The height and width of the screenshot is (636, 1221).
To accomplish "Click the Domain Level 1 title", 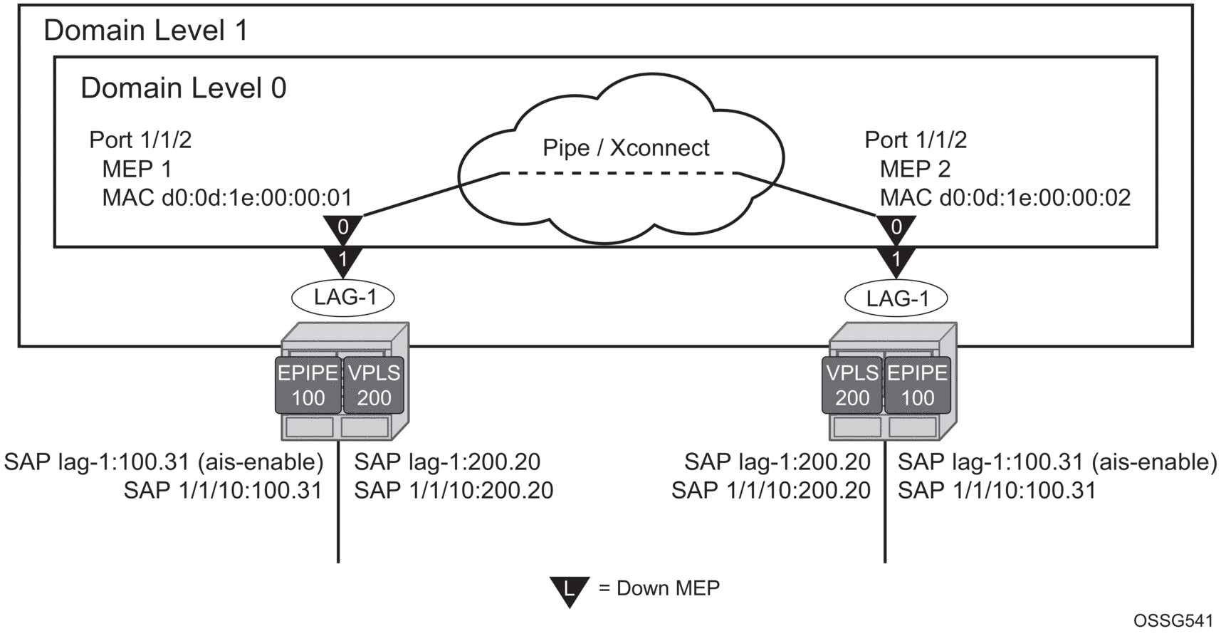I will (x=146, y=31).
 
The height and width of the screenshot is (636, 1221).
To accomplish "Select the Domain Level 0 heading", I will (x=183, y=88).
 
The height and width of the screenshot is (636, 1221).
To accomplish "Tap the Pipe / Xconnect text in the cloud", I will (x=626, y=147).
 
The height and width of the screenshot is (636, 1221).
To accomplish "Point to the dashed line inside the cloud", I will (x=620, y=173).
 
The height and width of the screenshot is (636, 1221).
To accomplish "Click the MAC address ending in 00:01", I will (x=227, y=197).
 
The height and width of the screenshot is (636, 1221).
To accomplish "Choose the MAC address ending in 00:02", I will (x=1005, y=197).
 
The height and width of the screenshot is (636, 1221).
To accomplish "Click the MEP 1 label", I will (x=137, y=169).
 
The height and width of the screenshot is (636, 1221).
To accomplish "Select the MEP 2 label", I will (x=915, y=169).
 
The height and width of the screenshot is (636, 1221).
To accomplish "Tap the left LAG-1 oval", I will (x=344, y=296).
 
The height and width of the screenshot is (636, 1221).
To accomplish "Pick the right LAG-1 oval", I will (x=896, y=298).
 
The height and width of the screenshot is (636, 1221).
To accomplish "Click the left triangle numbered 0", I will (x=343, y=228).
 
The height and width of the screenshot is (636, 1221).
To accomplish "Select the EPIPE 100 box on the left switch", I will (x=308, y=385).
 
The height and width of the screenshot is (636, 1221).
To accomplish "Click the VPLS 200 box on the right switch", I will (x=852, y=385).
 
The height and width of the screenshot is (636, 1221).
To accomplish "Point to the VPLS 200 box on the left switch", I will (x=374, y=385).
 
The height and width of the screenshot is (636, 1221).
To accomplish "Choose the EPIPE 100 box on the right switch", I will (x=917, y=385).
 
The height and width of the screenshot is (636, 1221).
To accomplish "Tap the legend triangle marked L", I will (x=569, y=589).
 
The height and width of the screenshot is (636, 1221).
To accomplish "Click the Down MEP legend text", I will (x=659, y=588).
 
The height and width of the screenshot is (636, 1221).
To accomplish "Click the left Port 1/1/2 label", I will (x=140, y=140).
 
